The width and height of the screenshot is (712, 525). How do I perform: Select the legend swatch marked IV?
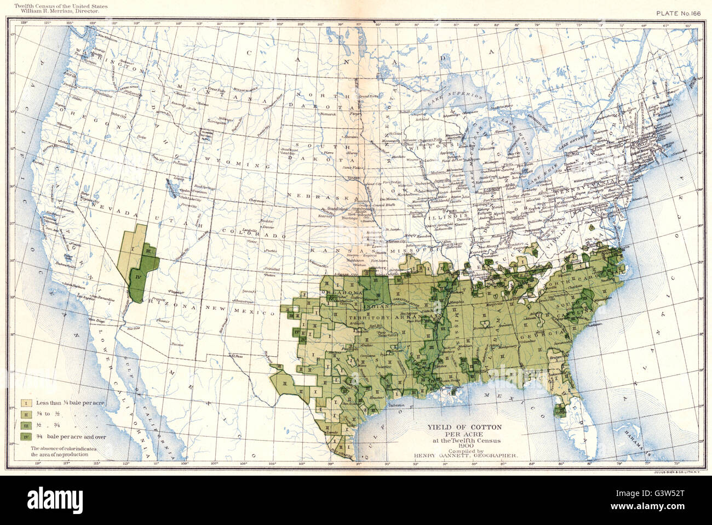pyautogui.click(x=25, y=437)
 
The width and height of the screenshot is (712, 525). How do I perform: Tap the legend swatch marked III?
pyautogui.click(x=25, y=426)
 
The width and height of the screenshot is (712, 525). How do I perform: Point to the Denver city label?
pyautogui.click(x=253, y=227)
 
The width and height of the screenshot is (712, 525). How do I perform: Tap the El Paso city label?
pyautogui.click(x=236, y=356)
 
